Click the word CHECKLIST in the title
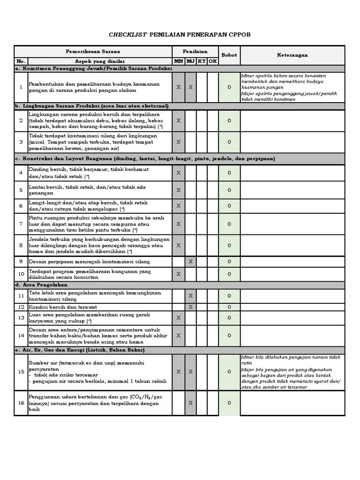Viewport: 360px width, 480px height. point(128,35)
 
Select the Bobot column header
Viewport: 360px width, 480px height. point(229,55)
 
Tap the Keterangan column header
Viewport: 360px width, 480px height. point(292,55)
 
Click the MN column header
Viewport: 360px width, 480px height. point(179,61)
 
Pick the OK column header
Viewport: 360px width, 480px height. point(213,61)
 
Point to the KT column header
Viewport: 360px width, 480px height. point(202,61)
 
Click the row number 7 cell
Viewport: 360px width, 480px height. point(21,224)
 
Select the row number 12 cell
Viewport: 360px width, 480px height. point(21,307)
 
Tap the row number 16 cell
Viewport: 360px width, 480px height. point(21,403)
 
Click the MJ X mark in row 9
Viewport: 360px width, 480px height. point(190,262)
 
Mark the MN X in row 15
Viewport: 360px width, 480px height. point(179,372)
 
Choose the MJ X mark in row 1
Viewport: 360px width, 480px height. point(190,87)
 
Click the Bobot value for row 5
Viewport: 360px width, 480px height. point(229,190)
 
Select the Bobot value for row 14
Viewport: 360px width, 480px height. point(229,336)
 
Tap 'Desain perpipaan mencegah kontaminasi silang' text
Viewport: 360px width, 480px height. point(90,262)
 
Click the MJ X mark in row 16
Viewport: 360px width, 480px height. point(190,403)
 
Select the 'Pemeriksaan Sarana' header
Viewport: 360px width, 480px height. point(93,51)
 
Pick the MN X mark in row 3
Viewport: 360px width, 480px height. point(179,142)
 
